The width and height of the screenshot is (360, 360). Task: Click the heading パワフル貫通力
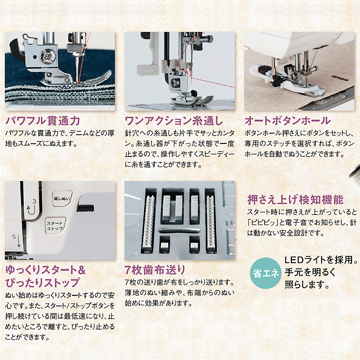click(43, 121)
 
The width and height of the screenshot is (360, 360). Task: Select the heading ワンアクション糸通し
click(174, 121)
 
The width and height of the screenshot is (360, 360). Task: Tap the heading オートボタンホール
click(287, 121)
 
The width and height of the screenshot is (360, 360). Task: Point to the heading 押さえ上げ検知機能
click(295, 200)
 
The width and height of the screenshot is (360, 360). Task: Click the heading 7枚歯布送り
click(155, 270)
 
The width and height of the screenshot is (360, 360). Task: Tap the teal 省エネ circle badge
click(266, 273)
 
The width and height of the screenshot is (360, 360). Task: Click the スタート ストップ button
click(55, 226)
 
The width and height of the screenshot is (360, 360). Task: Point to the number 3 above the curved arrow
click(34, 201)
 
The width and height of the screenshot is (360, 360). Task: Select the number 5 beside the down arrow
click(14, 237)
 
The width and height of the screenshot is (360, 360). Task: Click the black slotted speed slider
click(85, 208)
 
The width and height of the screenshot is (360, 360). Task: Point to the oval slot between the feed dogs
click(180, 230)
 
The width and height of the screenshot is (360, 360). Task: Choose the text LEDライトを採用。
click(321, 260)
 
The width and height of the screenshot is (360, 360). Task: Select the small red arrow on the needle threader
click(182, 69)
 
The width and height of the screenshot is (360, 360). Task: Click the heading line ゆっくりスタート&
click(45, 270)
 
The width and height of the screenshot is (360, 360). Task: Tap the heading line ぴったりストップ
click(42, 283)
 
